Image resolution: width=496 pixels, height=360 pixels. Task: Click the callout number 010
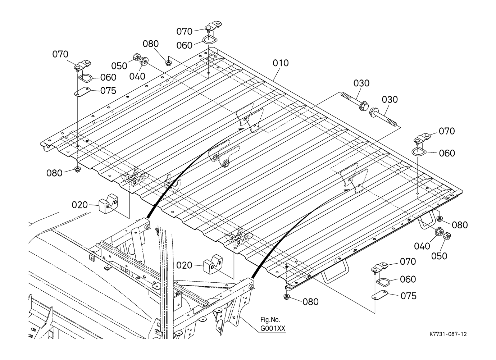pyautogui.click(x=281, y=63)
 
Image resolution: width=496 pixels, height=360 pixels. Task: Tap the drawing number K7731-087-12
pyautogui.click(x=448, y=334)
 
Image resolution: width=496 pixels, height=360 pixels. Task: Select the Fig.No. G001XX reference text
pyautogui.click(x=273, y=324)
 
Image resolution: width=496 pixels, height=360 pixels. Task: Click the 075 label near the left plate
pyautogui.click(x=108, y=91)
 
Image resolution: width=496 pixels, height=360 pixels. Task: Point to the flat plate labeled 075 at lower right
pyautogui.click(x=379, y=295)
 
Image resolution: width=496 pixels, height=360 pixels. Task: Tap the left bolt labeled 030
pyautogui.click(x=355, y=101)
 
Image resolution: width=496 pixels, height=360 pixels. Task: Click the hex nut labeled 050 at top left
pyautogui.click(x=136, y=57)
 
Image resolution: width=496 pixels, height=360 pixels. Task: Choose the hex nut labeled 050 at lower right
pyautogui.click(x=447, y=236)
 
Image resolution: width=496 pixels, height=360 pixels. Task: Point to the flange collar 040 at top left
pyautogui.click(x=144, y=61)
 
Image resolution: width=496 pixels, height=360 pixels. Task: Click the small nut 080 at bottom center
pyautogui.click(x=287, y=297)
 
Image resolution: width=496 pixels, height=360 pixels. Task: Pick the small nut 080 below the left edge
pyautogui.click(x=77, y=170)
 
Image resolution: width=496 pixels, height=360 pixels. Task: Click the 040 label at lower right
pyautogui.click(x=422, y=246)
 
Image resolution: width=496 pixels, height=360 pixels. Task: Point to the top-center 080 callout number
pyautogui.click(x=151, y=44)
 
